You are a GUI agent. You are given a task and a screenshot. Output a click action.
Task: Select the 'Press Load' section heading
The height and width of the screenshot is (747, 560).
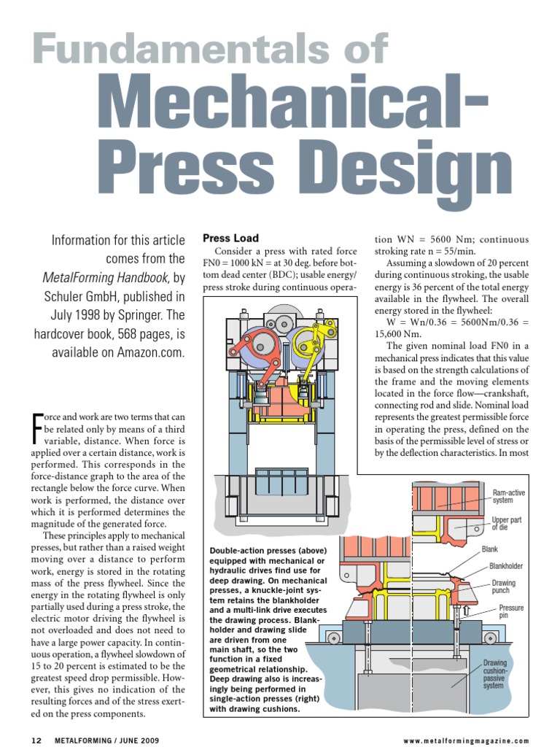[x=226, y=238]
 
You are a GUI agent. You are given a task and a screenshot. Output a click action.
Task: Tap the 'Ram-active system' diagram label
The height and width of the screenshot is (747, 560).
[x=508, y=497]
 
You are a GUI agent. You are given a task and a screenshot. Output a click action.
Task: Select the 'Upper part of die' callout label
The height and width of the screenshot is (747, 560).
[x=507, y=522]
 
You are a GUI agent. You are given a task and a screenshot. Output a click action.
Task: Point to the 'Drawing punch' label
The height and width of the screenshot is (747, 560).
[x=503, y=587]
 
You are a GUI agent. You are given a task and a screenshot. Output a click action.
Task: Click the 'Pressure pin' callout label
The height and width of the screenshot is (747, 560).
[x=511, y=611]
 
